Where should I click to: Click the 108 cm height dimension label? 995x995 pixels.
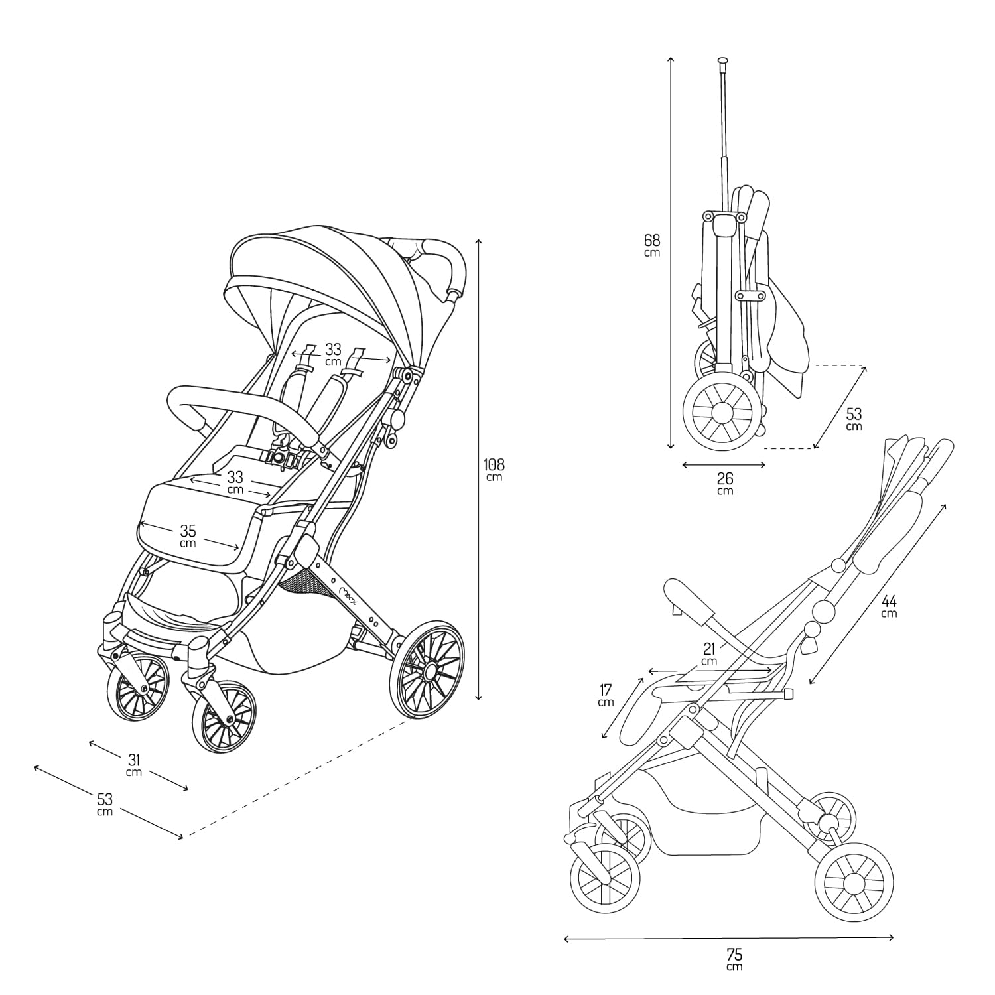point(494,469)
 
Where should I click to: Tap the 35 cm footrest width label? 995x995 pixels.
point(188,535)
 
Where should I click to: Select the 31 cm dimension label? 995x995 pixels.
point(135,764)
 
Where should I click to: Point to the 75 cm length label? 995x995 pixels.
point(734,959)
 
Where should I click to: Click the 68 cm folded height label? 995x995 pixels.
point(652,245)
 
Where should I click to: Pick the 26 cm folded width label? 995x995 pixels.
point(725,482)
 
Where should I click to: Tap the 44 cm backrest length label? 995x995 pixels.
point(890,606)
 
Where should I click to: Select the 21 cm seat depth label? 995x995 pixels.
point(709,653)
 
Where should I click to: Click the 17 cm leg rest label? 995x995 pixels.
point(605,695)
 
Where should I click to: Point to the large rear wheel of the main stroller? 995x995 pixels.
point(427,669)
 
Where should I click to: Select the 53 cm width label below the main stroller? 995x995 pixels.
point(105,803)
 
